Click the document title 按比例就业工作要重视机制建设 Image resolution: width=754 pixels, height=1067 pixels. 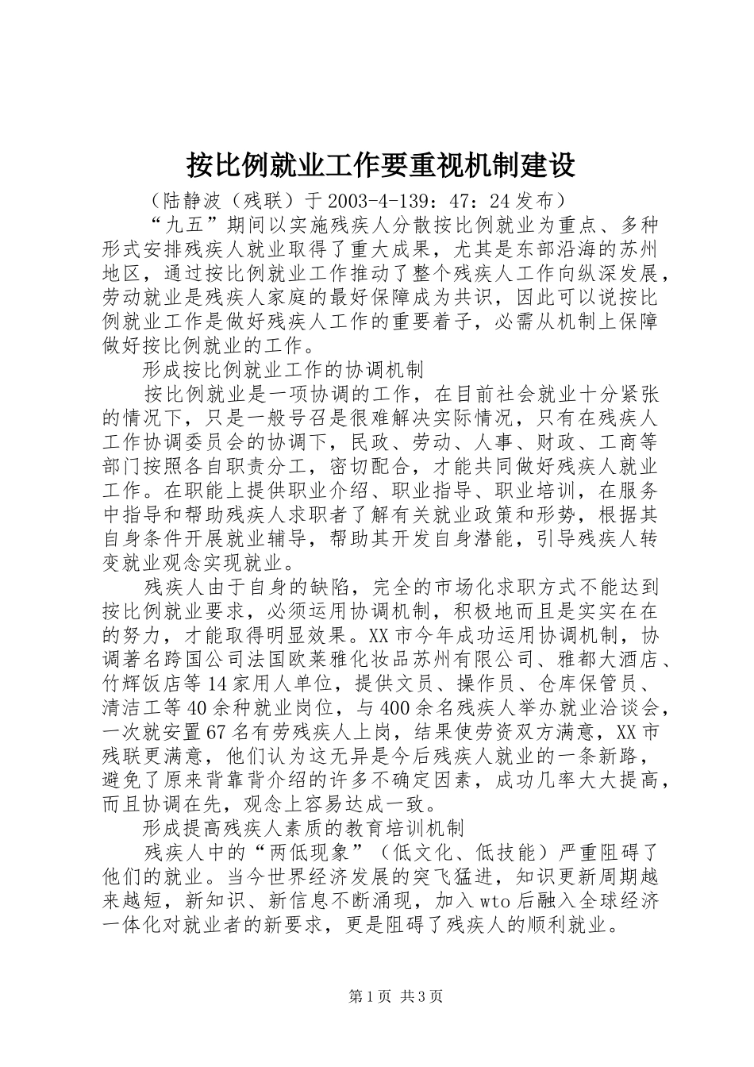click(x=380, y=165)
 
